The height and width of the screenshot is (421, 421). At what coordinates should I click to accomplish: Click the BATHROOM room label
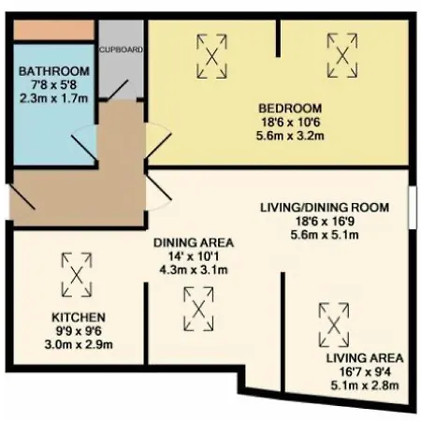point(53,72)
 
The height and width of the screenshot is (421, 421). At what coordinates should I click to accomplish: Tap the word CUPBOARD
point(122,49)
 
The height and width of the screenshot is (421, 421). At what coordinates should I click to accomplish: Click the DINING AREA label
point(194,242)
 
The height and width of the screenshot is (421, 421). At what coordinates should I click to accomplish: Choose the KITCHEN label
point(78,317)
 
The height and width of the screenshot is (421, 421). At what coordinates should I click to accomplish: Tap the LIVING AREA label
point(364,358)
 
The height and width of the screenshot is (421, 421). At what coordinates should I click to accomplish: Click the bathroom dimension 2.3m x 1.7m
point(53,98)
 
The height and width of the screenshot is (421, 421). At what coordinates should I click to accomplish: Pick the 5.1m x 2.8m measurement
point(364,385)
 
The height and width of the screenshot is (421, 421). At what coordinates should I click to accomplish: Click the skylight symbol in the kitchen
point(75,273)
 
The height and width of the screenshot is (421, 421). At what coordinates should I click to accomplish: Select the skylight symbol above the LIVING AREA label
point(331,324)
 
